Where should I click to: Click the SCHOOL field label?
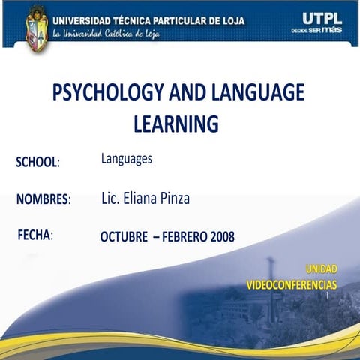(x=37, y=163)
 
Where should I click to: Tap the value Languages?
(x=127, y=159)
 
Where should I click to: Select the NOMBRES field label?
(x=43, y=199)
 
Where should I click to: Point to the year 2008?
(x=219, y=237)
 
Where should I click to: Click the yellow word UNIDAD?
(x=321, y=268)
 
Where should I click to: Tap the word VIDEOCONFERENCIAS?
(x=292, y=284)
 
